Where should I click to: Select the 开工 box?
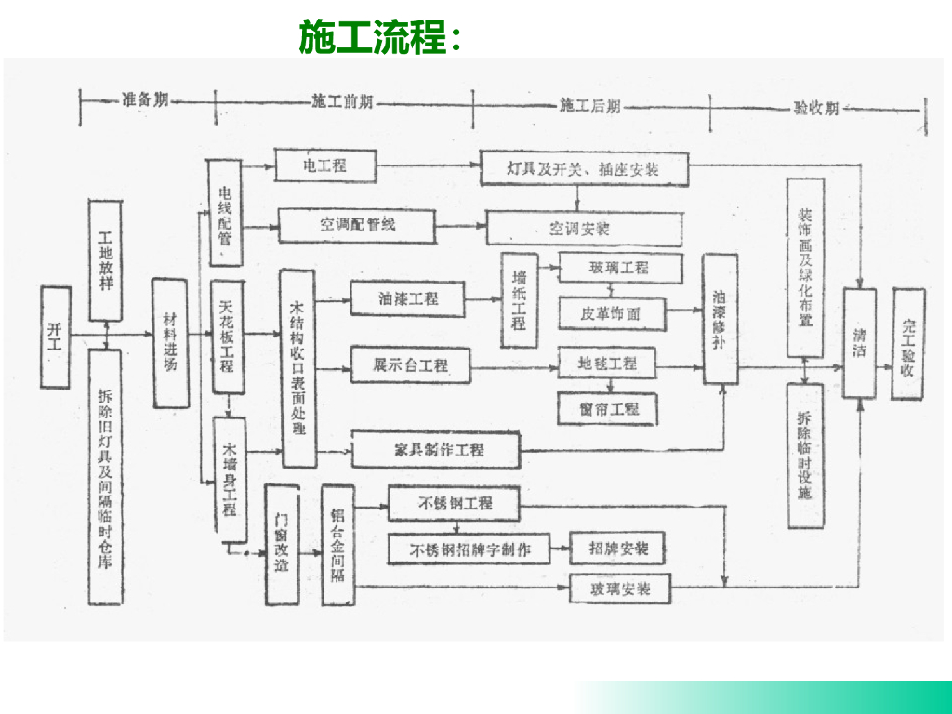tap(55, 337)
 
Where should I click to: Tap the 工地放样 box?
tap(105, 259)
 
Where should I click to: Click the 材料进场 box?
tap(169, 343)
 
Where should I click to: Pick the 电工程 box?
tap(325, 166)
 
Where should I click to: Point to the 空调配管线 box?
tap(356, 224)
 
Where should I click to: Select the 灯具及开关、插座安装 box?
tap(584, 169)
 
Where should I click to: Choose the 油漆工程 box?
tap(407, 298)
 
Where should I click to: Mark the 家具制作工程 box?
tap(433, 449)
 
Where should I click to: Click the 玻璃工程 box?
tap(619, 269)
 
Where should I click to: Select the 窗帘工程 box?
tap(608, 407)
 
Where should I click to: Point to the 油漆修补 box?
tap(720, 319)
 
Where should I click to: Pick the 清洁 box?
tap(860, 343)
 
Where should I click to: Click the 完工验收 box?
tap(908, 343)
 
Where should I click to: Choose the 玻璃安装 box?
tap(620, 589)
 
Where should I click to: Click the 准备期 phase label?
tap(145, 102)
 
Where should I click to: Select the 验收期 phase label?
tap(815, 107)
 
